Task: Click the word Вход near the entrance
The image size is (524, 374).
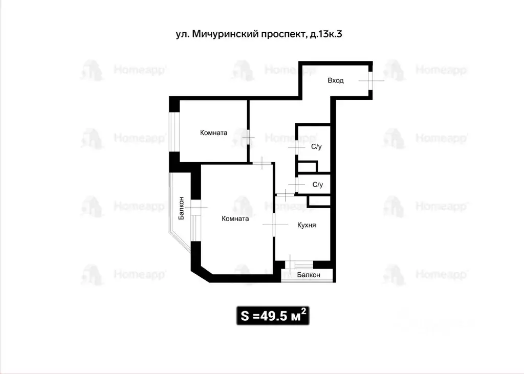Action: tap(336, 81)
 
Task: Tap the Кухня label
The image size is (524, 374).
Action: tap(307, 225)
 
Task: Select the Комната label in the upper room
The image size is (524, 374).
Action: tap(213, 133)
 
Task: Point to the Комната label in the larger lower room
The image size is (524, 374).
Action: tap(235, 219)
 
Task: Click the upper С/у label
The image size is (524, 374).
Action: tap(317, 147)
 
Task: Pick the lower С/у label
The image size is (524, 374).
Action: tap(317, 185)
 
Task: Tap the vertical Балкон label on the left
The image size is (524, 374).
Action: tap(181, 208)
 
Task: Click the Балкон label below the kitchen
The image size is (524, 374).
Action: tap(309, 275)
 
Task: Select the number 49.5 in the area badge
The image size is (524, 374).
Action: tap(273, 316)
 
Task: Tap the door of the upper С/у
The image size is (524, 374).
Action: tap(296, 147)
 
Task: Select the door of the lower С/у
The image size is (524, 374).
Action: tap(297, 185)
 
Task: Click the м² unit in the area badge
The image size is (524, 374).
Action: tap(299, 315)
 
